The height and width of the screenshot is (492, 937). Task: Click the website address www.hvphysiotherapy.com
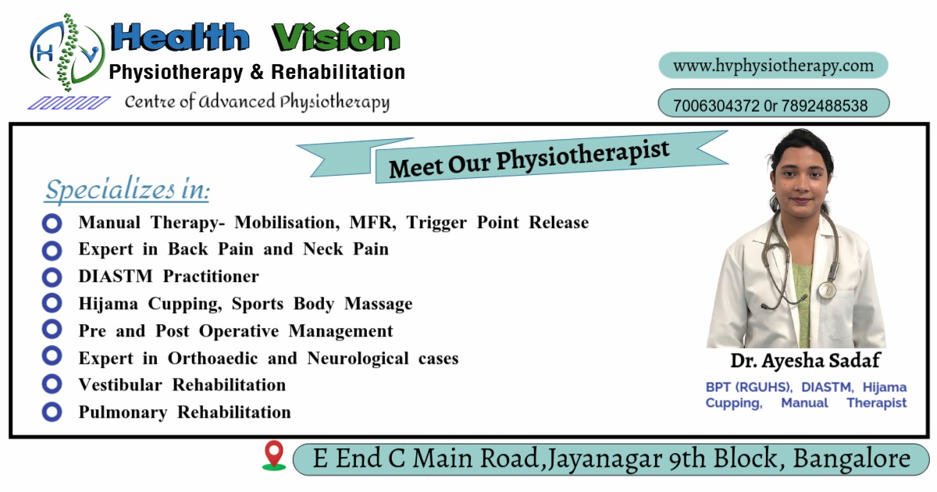click(x=773, y=66)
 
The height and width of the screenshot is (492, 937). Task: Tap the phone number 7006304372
click(x=716, y=105)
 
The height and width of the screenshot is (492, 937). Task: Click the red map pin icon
click(x=274, y=455)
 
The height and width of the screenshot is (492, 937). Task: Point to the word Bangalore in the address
click(x=852, y=458)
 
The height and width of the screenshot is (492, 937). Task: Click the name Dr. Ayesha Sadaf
click(x=805, y=361)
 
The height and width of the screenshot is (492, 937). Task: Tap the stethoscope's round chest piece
click(x=827, y=290)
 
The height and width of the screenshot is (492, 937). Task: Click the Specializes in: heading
click(x=127, y=190)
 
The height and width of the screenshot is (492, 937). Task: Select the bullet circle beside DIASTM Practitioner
click(x=52, y=277)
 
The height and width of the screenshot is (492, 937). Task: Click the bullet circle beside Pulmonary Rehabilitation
click(x=52, y=412)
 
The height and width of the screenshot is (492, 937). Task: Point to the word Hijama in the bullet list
click(x=108, y=304)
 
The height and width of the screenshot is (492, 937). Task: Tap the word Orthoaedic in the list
click(x=212, y=358)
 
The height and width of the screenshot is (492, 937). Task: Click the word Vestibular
click(x=120, y=385)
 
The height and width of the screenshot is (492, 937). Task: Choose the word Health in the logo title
click(x=180, y=37)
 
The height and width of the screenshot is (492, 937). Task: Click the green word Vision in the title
click(x=336, y=37)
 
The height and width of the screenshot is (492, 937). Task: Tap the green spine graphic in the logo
click(x=67, y=52)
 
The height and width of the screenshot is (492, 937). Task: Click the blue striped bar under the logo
click(x=69, y=103)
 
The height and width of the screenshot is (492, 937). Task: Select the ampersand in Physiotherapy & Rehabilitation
click(x=257, y=72)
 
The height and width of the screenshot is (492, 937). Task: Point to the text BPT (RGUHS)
click(x=749, y=387)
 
